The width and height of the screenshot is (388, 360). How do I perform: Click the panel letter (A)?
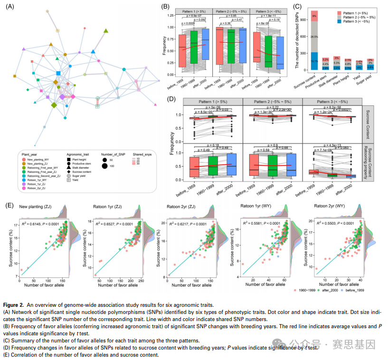click(x=9, y=6)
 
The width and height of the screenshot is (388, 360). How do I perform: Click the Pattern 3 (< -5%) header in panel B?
click(x=267, y=10)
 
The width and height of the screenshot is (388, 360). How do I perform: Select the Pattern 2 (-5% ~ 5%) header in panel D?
click(x=272, y=102)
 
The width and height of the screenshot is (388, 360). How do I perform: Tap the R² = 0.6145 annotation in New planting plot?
click(x=42, y=222)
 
